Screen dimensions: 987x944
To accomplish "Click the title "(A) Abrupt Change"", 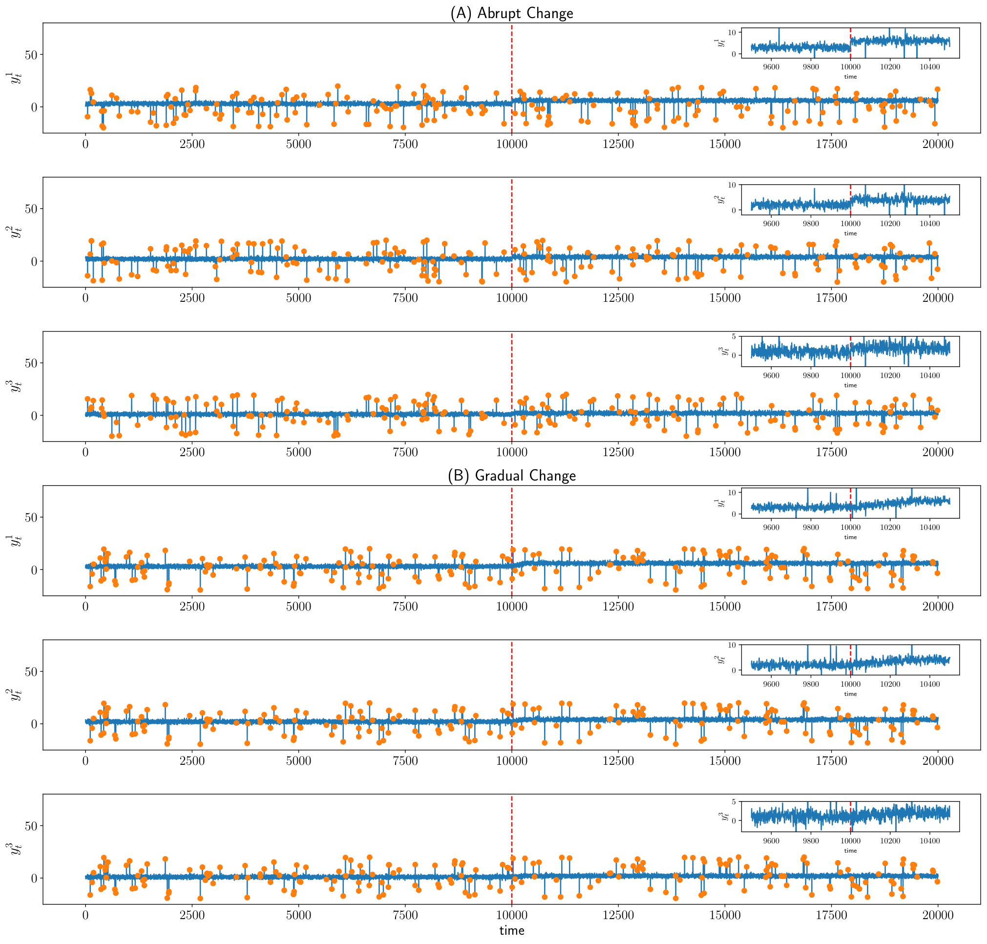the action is click(x=511, y=13).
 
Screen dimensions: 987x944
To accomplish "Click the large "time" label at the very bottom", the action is click(x=511, y=930).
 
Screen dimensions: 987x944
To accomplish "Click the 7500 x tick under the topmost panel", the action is click(x=405, y=144).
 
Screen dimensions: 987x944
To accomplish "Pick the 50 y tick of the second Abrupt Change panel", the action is click(x=31, y=209).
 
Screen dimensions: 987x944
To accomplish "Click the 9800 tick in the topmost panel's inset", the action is click(x=810, y=67).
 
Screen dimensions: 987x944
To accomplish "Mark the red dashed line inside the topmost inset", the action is click(x=850, y=43).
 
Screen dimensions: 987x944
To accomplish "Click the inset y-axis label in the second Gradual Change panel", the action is click(x=720, y=659).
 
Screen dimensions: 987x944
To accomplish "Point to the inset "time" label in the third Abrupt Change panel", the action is click(x=850, y=385).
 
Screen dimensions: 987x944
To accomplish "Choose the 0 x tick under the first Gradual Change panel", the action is click(x=85, y=607).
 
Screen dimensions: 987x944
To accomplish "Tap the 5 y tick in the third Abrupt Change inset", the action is click(x=734, y=336).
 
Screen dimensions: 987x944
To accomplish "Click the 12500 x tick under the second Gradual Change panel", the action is click(x=618, y=761).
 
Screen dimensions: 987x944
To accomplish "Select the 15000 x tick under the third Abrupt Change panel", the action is click(x=725, y=452).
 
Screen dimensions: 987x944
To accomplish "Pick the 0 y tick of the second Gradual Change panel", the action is click(x=34, y=724).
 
